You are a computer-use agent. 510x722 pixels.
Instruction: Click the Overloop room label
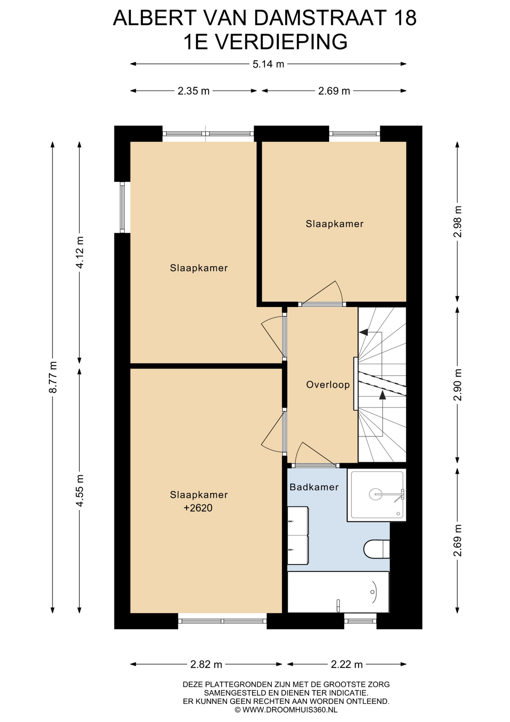[328, 385]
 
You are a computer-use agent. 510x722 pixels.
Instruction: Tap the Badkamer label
[314, 487]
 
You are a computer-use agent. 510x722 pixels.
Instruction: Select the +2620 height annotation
[198, 508]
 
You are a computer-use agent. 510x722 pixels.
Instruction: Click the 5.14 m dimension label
[268, 64]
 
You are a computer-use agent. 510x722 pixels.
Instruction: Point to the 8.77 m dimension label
[53, 377]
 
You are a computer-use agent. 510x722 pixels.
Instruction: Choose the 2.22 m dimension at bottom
[347, 664]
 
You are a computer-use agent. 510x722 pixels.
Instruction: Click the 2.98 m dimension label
[457, 221]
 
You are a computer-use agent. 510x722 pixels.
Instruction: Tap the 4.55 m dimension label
[80, 490]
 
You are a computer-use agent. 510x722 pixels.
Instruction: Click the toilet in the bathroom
[376, 549]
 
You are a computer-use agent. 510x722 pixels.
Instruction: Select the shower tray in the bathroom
[377, 494]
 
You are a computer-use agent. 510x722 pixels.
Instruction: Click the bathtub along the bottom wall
[338, 592]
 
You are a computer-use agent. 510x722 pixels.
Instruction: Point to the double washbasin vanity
[298, 535]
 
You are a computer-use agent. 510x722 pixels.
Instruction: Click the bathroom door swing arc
[298, 453]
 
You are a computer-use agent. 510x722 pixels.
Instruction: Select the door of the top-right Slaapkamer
[322, 293]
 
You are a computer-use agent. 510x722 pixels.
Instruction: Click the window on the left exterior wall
[122, 207]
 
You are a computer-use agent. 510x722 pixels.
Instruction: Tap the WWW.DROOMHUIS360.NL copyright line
[286, 710]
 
